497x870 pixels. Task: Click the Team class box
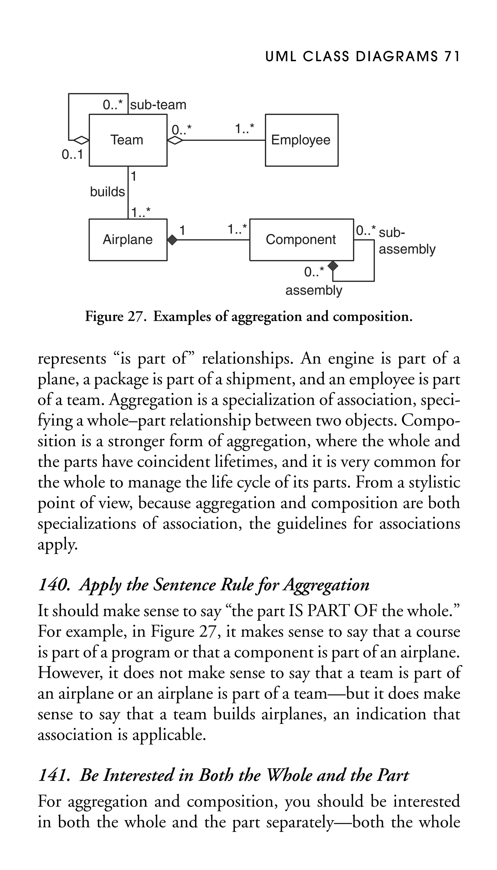128,140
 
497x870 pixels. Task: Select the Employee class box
301,140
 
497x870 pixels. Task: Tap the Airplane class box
128,240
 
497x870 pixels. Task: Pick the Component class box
301,240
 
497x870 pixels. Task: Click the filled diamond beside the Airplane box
172,240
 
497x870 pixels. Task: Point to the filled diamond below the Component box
332,265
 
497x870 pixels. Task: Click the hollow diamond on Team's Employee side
175,140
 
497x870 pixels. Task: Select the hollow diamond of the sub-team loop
81,140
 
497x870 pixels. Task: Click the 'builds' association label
107,192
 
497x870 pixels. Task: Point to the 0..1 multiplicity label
72,155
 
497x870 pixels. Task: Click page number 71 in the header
452,57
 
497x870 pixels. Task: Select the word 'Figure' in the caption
104,317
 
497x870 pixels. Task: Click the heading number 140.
54,585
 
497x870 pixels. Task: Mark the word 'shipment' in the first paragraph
260,380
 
